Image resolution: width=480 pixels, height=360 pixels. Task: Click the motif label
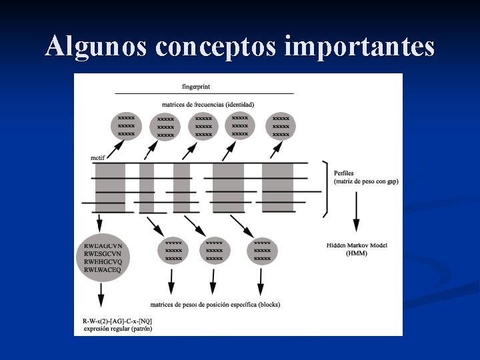tap(99, 158)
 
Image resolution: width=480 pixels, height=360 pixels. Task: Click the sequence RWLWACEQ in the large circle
tap(103, 269)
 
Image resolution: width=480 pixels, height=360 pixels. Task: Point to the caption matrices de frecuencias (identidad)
tap(208, 105)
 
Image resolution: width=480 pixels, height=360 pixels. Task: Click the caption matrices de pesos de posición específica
tap(215, 305)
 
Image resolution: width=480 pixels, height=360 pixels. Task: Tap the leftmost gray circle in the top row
tap(126, 125)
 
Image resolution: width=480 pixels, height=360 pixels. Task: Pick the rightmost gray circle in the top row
tap(281, 126)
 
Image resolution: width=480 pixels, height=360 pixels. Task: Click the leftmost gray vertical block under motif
tap(110, 187)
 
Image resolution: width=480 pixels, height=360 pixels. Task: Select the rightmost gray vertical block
tap(277, 187)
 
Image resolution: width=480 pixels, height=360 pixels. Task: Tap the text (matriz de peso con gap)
tap(366, 181)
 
